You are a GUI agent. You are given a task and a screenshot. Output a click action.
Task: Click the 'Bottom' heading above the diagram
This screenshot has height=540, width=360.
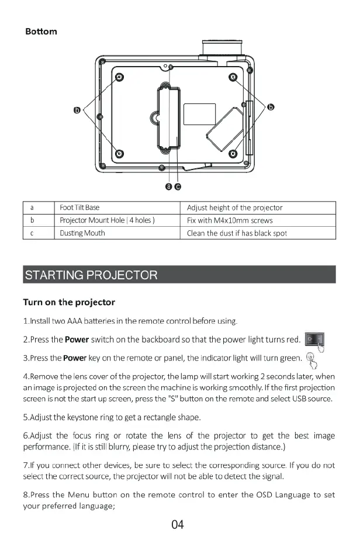41,31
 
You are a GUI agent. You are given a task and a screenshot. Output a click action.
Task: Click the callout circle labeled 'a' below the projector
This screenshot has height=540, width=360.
169,186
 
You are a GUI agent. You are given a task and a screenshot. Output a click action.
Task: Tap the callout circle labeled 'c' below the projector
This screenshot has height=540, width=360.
178,186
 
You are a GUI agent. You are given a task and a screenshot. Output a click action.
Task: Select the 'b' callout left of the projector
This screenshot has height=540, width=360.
77,109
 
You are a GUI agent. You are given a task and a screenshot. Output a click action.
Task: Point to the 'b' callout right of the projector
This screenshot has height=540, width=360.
271,106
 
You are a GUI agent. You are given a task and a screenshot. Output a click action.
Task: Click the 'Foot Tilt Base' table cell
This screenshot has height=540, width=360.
80,207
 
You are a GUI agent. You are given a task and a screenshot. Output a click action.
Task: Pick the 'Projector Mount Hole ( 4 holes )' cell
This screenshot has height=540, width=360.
107,220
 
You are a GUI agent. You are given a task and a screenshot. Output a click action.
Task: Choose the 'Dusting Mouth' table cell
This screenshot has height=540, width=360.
82,233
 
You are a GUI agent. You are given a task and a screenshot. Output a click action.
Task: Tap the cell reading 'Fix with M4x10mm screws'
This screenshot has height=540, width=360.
230,220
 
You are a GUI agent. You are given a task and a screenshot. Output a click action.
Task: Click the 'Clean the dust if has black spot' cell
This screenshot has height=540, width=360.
237,233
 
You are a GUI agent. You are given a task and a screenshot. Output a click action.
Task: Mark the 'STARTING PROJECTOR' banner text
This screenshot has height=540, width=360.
91,275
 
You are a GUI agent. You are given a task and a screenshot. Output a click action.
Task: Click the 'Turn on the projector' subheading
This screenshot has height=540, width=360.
69,302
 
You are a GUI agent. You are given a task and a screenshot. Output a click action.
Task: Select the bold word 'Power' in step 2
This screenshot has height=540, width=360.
77,340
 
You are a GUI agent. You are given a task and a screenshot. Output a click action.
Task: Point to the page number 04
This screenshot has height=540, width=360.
178,524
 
